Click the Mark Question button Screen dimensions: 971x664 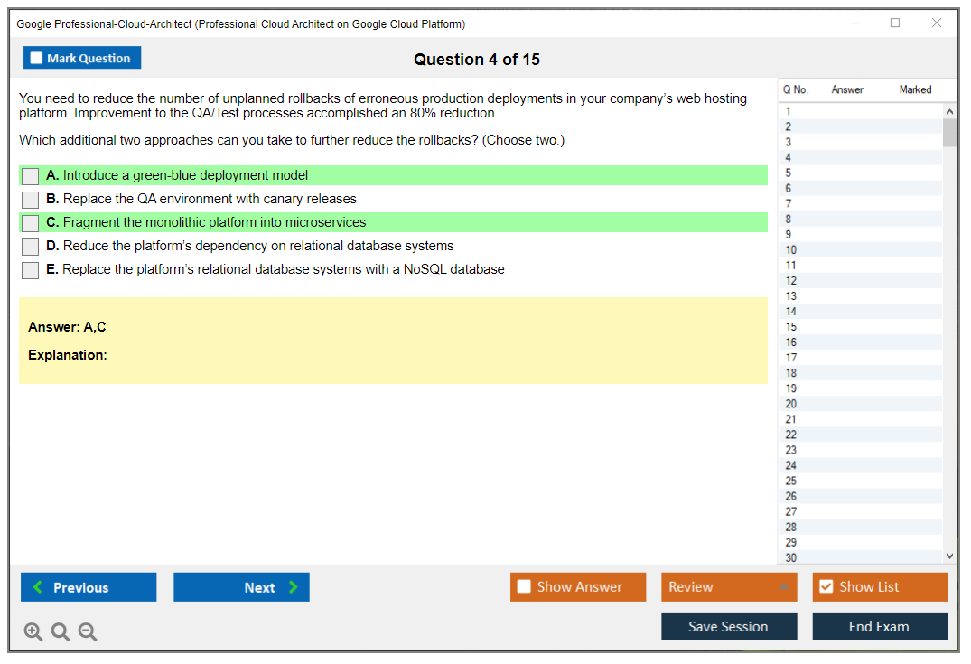pyautogui.click(x=82, y=58)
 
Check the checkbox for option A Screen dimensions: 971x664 pyautogui.click(x=30, y=176)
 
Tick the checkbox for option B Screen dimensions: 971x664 pyautogui.click(x=30, y=200)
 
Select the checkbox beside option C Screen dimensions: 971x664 pyautogui.click(x=30, y=223)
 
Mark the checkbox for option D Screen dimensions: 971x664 pyautogui.click(x=30, y=247)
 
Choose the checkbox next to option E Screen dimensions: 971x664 pyautogui.click(x=30, y=270)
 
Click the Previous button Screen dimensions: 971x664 pyautogui.click(x=89, y=587)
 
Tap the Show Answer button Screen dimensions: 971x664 pyautogui.click(x=578, y=587)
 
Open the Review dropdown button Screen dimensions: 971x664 pyautogui.click(x=729, y=587)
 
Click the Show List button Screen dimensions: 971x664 pyautogui.click(x=880, y=587)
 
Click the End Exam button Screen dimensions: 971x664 pyautogui.click(x=880, y=626)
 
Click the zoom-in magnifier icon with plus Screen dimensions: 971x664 pyautogui.click(x=33, y=631)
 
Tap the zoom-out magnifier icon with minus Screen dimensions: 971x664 pyautogui.click(x=88, y=631)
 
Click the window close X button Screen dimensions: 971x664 pyautogui.click(x=937, y=23)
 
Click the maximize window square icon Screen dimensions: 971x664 pyautogui.click(x=895, y=23)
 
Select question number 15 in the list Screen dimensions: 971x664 pyautogui.click(x=790, y=327)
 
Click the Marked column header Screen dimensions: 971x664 pyautogui.click(x=915, y=89)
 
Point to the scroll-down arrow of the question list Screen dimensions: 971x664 pyautogui.click(x=950, y=556)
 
